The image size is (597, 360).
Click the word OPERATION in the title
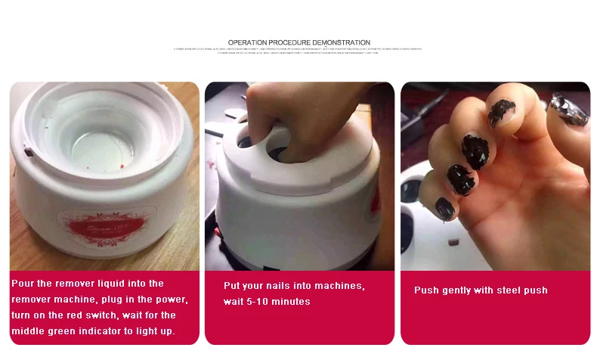click(x=246, y=42)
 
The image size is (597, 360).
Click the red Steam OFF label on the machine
click(x=106, y=225)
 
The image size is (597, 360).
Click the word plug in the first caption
click(x=114, y=299)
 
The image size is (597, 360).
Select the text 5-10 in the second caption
click(x=261, y=302)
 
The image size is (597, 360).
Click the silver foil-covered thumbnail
click(x=568, y=110)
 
